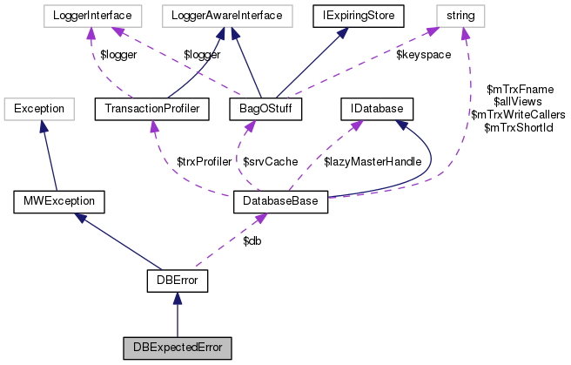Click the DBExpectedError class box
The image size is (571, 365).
pos(177,347)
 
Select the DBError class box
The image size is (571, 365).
pos(177,281)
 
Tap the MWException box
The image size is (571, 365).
pos(59,203)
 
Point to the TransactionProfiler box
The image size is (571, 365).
pos(152,109)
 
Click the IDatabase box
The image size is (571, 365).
pos(375,109)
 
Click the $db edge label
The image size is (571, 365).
pos(253,240)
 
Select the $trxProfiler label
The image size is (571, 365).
pos(205,161)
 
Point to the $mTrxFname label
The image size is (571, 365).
pos(520,89)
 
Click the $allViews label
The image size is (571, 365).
pos(519,102)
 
